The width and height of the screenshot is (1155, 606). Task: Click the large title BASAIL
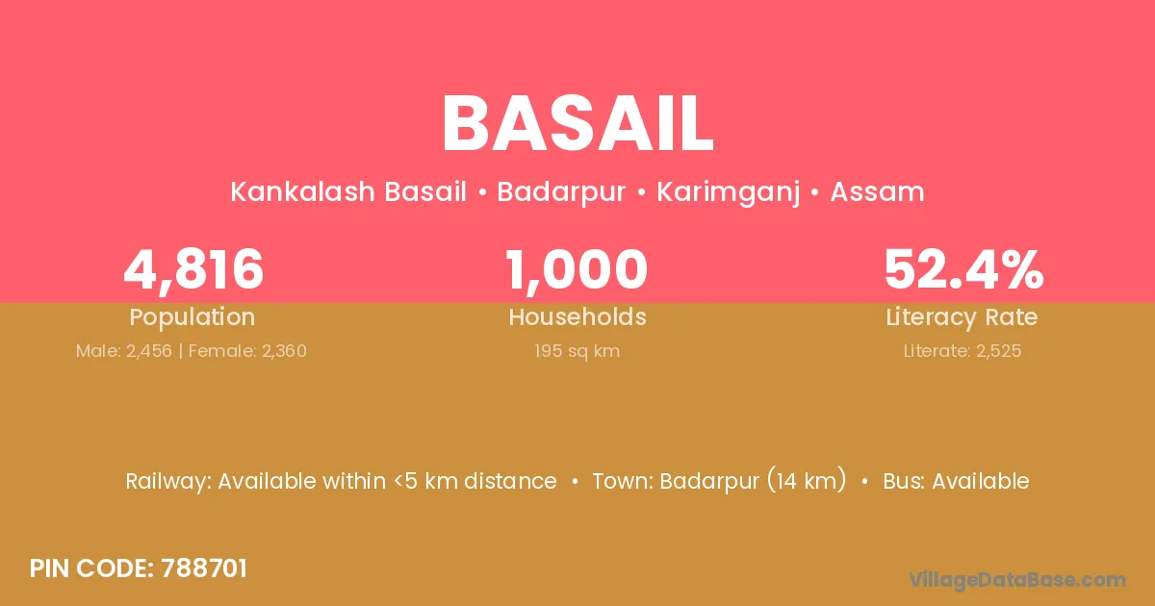click(x=577, y=124)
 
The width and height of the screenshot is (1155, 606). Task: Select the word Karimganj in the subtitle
click(x=728, y=192)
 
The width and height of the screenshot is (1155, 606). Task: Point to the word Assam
click(x=877, y=191)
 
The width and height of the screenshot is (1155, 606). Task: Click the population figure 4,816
click(x=193, y=269)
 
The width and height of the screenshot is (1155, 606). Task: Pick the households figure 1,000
click(x=577, y=269)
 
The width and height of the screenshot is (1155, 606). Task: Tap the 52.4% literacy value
click(x=963, y=269)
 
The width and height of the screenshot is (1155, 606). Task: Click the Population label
click(x=192, y=317)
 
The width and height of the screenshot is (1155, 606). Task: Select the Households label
click(x=577, y=316)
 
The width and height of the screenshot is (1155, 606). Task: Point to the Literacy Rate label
click(x=962, y=317)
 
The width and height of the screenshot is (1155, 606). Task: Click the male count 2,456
click(x=149, y=351)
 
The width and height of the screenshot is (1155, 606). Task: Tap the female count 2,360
click(x=284, y=351)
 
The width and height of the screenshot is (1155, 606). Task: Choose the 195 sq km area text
click(x=577, y=351)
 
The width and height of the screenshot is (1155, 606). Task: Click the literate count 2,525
click(x=999, y=351)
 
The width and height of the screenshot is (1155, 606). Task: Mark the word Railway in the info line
click(x=168, y=482)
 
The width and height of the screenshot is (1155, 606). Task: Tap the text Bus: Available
click(x=956, y=481)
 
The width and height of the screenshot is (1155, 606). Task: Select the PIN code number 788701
click(x=204, y=568)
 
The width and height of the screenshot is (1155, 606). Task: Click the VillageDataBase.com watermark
click(x=1016, y=580)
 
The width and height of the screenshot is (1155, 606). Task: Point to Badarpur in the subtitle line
click(x=561, y=192)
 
